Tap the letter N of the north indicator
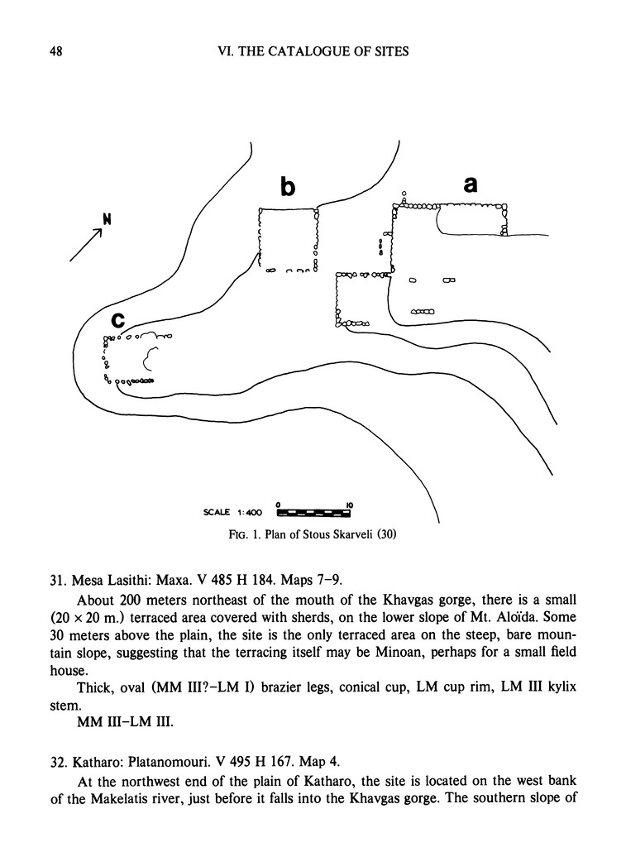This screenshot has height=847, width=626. pos(106,219)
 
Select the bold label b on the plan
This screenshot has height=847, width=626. pos(287,188)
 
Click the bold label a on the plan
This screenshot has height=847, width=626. pos(471,185)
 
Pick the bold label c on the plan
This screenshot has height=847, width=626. pos(118,318)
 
